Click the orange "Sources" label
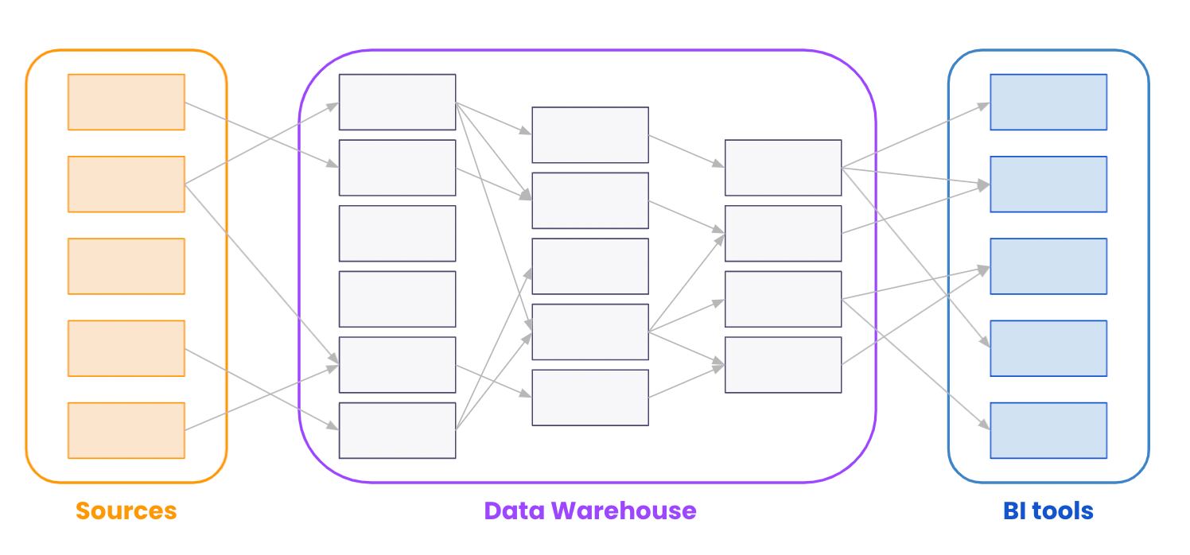pyautogui.click(x=126, y=510)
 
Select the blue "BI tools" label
pyautogui.click(x=1048, y=510)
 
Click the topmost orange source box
pyautogui.click(x=126, y=102)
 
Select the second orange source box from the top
pyautogui.click(x=126, y=184)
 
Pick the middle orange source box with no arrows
pyautogui.click(x=126, y=266)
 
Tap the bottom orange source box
pyautogui.click(x=126, y=430)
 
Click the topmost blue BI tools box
pyautogui.click(x=1048, y=102)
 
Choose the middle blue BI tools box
pyautogui.click(x=1048, y=266)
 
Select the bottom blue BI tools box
pyautogui.click(x=1048, y=430)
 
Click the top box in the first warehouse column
pyautogui.click(x=397, y=102)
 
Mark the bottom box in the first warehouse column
pyautogui.click(x=397, y=430)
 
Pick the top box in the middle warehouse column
pyautogui.click(x=590, y=134)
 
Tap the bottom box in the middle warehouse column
pyautogui.click(x=590, y=398)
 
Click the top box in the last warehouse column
pyautogui.click(x=783, y=168)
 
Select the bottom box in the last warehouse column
pyautogui.click(x=783, y=365)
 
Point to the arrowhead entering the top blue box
pyautogui.click(x=984, y=104)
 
